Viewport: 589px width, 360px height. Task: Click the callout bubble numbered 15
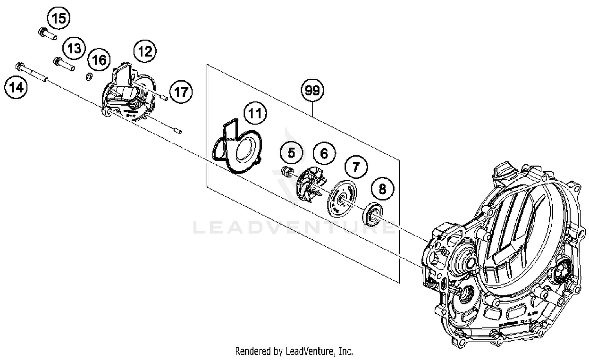(x=59, y=18)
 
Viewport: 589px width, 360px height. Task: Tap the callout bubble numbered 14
(x=16, y=88)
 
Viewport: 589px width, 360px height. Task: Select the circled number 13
(x=74, y=48)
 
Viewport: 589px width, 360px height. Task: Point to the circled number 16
(x=99, y=60)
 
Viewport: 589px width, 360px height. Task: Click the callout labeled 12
(x=145, y=51)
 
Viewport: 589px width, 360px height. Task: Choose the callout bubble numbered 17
(x=181, y=92)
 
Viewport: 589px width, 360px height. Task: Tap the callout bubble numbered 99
(x=312, y=91)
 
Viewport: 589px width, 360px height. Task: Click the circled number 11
(x=255, y=114)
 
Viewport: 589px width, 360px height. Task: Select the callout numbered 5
(x=291, y=152)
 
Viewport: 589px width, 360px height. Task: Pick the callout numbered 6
(x=324, y=153)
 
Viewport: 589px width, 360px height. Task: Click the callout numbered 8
(x=382, y=189)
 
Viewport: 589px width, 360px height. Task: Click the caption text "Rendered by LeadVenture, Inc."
(x=294, y=351)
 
